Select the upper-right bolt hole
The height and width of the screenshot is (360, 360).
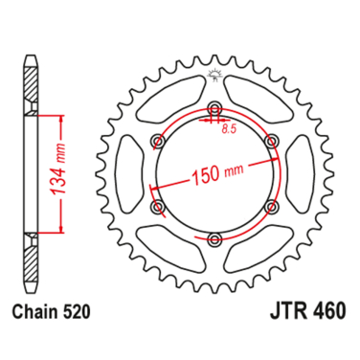coord(272,142)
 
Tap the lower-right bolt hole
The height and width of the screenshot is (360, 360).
coord(272,206)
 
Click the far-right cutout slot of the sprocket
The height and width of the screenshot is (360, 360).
coord(304,173)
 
